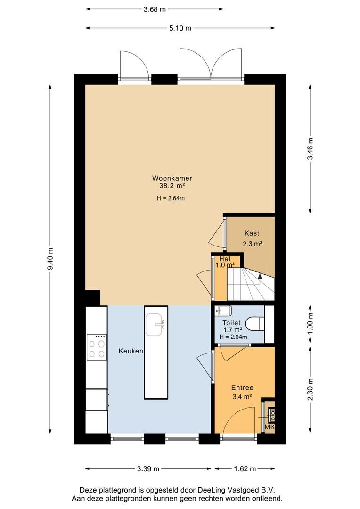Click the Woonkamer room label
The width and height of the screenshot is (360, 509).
[172, 178]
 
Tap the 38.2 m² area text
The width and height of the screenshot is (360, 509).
[172, 186]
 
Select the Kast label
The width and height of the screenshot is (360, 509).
[252, 233]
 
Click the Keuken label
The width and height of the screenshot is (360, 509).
[131, 351]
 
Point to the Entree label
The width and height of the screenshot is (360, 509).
[242, 387]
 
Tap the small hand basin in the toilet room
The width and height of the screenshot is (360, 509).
[223, 311]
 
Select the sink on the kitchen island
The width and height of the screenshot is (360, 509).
[156, 324]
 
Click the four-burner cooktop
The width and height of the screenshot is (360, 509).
[97, 347]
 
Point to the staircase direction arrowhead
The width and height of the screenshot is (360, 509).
[260, 276]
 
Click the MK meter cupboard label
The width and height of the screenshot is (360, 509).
[270, 427]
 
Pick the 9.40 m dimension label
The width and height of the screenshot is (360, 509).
[50, 259]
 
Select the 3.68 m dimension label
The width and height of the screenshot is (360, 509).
[155, 9]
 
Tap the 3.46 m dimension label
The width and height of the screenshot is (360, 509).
[311, 148]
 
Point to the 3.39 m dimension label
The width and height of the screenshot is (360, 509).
[148, 468]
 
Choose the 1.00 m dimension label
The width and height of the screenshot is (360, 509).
[311, 324]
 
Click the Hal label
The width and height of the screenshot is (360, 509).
[225, 259]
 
